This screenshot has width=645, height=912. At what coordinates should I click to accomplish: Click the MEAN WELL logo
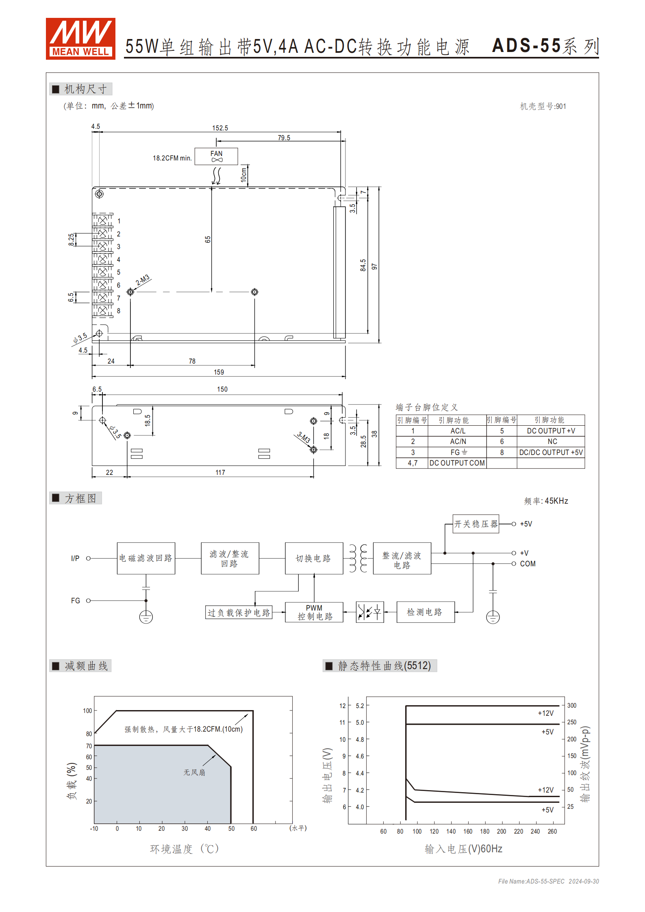[x=80, y=39]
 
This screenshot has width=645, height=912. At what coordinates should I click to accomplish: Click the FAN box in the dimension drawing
[x=216, y=156]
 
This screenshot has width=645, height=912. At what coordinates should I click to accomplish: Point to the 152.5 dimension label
[x=220, y=128]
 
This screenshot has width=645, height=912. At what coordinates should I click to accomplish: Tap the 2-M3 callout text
[x=143, y=280]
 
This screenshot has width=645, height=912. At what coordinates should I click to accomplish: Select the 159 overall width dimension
[x=219, y=372]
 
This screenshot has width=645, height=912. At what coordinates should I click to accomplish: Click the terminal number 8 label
[x=119, y=311]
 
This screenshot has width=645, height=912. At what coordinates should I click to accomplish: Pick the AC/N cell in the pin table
[x=458, y=442]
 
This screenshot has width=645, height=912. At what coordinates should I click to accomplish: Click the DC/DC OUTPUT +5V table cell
[x=551, y=452]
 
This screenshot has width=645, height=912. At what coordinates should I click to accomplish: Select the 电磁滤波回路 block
[x=146, y=558]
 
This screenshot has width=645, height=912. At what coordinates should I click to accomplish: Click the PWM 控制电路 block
[x=314, y=612]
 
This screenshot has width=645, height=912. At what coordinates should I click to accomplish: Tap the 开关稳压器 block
[x=476, y=524]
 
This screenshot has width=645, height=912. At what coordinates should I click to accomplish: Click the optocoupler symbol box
[x=369, y=612]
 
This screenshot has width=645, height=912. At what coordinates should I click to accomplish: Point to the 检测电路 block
[x=425, y=612]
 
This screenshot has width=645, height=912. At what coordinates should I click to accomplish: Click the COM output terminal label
[x=528, y=564]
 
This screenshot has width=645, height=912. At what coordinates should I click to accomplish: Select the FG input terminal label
[x=76, y=601]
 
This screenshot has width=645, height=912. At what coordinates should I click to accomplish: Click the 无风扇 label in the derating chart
[x=194, y=772]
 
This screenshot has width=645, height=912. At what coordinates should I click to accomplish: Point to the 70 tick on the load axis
[x=89, y=746]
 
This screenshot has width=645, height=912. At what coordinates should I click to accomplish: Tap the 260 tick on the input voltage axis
[x=552, y=832]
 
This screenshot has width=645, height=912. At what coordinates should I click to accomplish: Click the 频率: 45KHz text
[x=546, y=501]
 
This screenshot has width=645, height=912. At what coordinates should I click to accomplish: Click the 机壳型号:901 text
[x=543, y=106]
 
